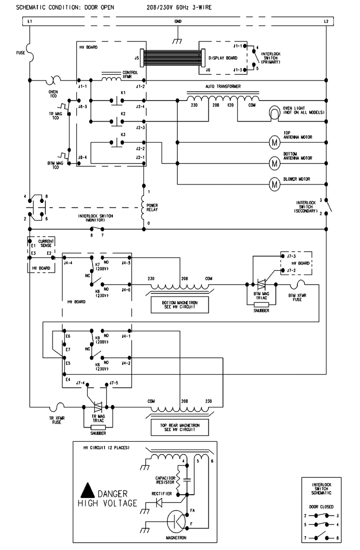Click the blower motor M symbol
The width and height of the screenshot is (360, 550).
pos(274,184)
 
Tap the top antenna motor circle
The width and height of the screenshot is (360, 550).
pos(274,143)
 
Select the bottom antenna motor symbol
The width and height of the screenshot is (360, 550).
pos(274,163)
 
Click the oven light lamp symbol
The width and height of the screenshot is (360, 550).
pos(274,113)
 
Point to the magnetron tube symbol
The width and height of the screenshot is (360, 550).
pos(176,521)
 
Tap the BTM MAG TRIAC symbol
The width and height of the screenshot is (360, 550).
pos(261,285)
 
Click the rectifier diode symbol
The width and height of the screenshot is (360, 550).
pos(159,502)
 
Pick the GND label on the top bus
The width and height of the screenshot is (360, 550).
pos(178,21)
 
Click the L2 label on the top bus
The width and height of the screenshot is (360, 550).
pos(326,21)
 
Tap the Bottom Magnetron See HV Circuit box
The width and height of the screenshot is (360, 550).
pos(180,305)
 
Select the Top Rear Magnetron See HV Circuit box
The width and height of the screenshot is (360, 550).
pos(180,427)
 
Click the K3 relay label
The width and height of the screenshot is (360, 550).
pos(123,135)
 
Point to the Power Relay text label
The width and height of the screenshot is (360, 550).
pos(152,207)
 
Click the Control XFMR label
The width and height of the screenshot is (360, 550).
pos(130,74)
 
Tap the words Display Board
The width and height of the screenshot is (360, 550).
pos(223,58)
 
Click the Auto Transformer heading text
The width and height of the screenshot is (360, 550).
pos(223,86)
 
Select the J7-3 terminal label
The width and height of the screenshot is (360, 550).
pos(291,256)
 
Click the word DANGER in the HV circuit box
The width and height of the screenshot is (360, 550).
pos(112,493)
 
